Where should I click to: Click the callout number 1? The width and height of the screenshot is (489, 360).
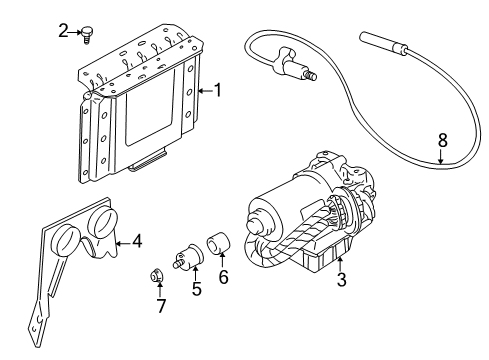point(217,90)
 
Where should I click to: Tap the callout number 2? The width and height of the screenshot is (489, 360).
point(62,31)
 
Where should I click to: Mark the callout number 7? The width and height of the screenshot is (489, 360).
point(159,304)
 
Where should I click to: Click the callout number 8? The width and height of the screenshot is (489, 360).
point(441,139)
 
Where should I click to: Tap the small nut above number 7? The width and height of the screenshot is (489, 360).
point(158,276)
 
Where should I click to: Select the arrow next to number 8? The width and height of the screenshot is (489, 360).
point(441,155)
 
